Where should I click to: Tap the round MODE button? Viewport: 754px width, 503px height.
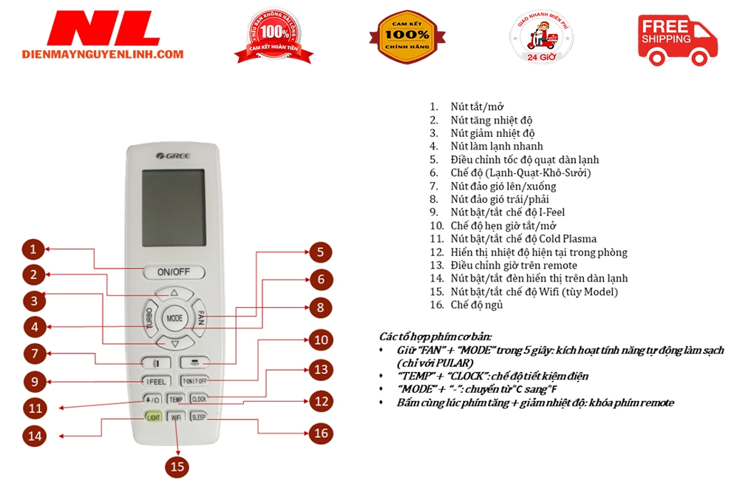(x=174, y=318)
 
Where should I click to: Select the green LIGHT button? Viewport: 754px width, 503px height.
(x=153, y=417)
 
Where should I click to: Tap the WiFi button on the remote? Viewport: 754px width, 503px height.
(x=176, y=417)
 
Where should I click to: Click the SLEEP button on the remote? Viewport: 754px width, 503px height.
(x=199, y=417)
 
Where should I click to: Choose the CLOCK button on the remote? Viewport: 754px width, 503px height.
(x=199, y=399)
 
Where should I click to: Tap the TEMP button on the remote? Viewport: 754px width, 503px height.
(x=175, y=399)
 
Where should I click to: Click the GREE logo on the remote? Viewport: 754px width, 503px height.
(x=169, y=155)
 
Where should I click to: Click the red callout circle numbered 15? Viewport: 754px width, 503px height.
(x=177, y=467)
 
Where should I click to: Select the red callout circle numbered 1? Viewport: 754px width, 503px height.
(x=34, y=249)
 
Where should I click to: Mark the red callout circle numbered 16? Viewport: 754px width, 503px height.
(x=320, y=433)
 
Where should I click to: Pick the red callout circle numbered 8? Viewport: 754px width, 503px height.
(x=320, y=307)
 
